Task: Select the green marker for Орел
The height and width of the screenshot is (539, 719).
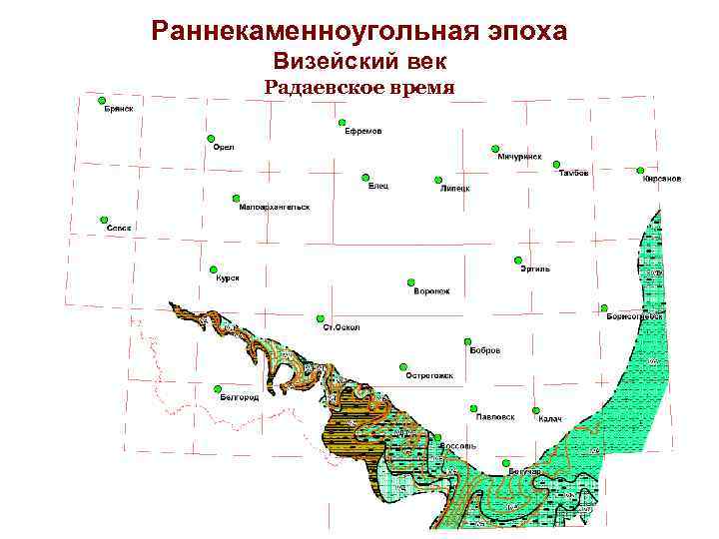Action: (211, 138)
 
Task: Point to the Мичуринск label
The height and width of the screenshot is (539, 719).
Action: (519, 157)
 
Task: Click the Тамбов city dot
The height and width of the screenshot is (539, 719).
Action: (556, 165)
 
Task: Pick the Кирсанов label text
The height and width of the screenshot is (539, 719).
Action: (662, 179)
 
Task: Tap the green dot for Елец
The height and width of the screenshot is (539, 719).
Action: (364, 178)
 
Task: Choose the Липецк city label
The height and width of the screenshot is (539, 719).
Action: (454, 188)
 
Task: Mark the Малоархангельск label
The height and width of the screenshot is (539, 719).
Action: (276, 207)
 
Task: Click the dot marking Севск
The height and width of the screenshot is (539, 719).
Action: (104, 219)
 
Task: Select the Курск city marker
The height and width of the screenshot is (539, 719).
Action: (214, 269)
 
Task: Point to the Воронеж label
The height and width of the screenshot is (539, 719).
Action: (431, 291)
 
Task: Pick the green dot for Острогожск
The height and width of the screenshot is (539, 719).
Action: (403, 366)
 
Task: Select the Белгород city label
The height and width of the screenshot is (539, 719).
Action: (240, 397)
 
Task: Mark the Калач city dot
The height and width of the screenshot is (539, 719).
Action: (536, 410)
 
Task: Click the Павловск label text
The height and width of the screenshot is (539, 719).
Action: (495, 416)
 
